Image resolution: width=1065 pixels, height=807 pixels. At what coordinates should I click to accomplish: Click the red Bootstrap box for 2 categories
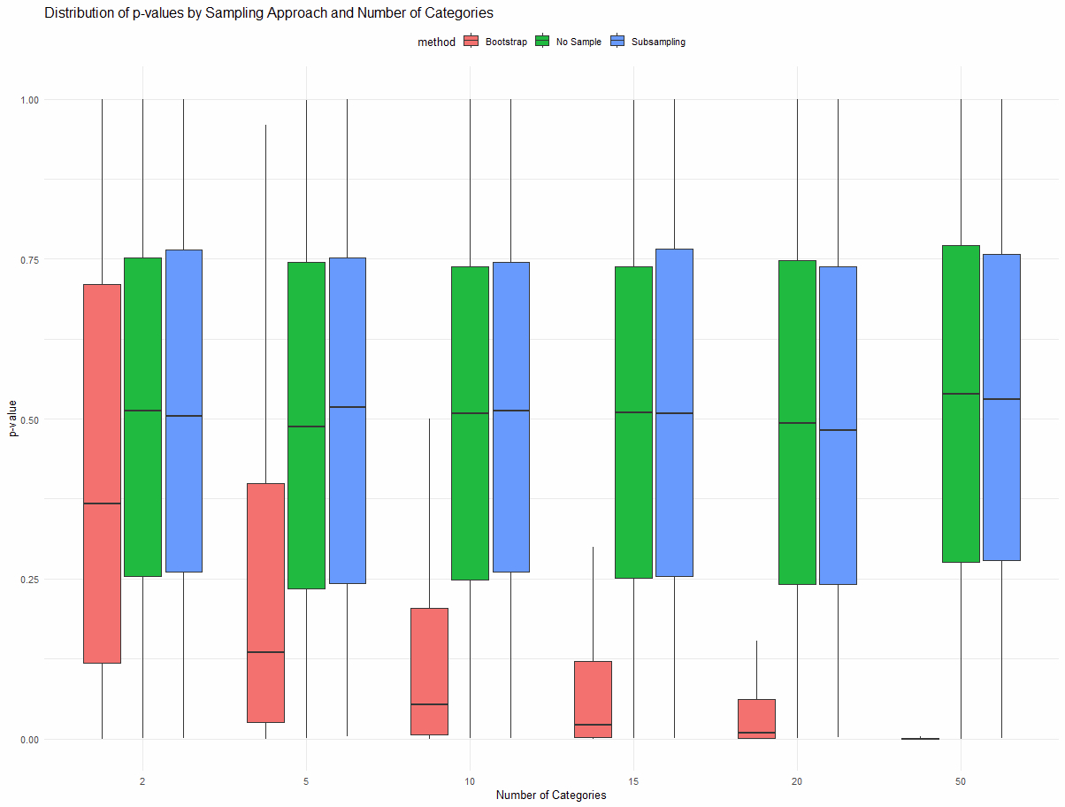[x=102, y=473]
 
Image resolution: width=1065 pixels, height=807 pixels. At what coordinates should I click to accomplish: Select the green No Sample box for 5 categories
[x=306, y=425]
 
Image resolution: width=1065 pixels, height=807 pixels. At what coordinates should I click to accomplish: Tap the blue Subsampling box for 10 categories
[x=510, y=417]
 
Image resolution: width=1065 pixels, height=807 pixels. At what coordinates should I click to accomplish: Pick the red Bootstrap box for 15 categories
[x=593, y=699]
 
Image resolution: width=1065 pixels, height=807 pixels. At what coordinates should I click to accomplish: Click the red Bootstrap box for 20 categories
[x=756, y=718]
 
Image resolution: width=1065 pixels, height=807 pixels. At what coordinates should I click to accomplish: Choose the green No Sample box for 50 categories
[x=961, y=403]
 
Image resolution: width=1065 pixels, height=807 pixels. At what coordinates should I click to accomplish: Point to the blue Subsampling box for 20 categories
[x=838, y=425]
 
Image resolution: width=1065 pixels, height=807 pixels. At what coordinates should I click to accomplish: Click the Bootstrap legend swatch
[x=471, y=42]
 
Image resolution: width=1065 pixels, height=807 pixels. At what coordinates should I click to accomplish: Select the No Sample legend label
[x=578, y=42]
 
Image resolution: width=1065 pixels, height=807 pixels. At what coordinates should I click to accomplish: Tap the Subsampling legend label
[x=659, y=42]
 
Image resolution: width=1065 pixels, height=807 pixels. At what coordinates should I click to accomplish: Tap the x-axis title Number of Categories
[x=551, y=795]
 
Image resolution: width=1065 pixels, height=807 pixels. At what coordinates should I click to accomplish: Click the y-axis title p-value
[x=13, y=419]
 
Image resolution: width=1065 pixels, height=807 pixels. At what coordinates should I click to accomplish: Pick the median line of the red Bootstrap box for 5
[x=265, y=651]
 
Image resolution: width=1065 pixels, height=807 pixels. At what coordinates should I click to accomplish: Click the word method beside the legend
[x=437, y=42]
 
